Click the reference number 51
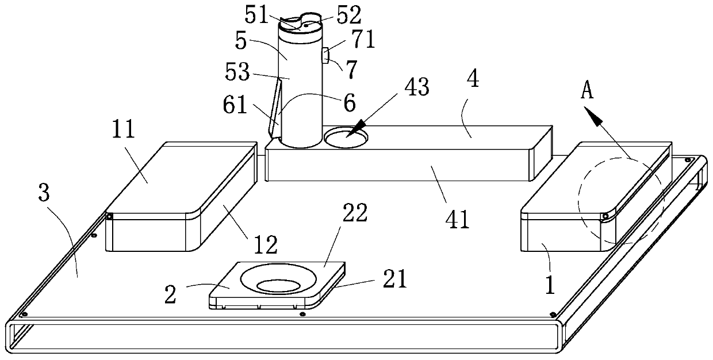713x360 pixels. pyautogui.click(x=256, y=16)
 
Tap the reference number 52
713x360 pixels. pyautogui.click(x=350, y=16)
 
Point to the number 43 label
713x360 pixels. pyautogui.click(x=417, y=87)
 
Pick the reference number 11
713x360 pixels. pyautogui.click(x=123, y=129)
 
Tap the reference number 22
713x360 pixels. pyautogui.click(x=355, y=213)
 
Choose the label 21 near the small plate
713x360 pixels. pyautogui.click(x=394, y=279)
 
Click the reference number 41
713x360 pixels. pyautogui.click(x=457, y=220)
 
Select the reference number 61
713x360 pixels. pyautogui.click(x=235, y=105)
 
